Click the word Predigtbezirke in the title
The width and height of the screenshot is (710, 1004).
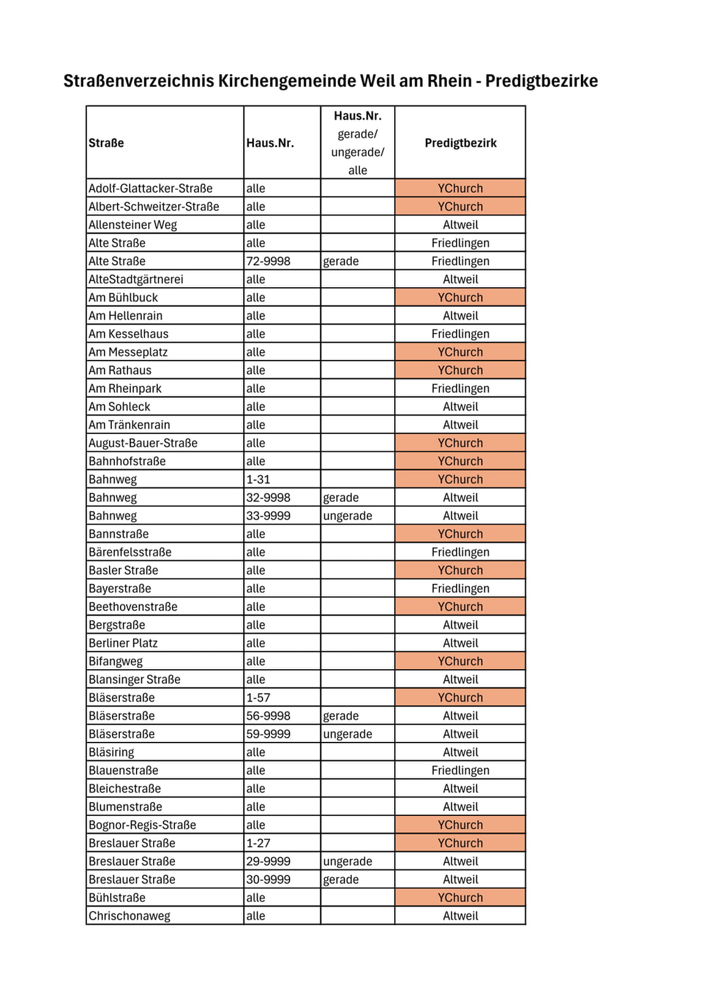pos(541,81)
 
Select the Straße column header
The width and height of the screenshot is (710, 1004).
pos(106,143)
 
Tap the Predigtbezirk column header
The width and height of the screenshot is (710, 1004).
pos(460,143)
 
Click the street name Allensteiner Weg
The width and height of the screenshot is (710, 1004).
pos(132,225)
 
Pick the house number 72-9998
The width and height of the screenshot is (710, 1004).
pos(268,261)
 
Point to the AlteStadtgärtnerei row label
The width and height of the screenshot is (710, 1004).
pos(136,280)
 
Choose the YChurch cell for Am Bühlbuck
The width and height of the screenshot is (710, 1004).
pos(460,298)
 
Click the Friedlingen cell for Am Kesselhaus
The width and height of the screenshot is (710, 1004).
pos(460,334)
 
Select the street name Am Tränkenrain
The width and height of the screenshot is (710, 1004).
pos(129,425)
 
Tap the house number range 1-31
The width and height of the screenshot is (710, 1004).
pos(258,479)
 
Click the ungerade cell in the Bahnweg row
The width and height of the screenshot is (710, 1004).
pos(347,516)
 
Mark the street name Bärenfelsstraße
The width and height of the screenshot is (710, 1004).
pos(130,552)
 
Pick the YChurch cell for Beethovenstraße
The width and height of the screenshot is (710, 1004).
pos(460,607)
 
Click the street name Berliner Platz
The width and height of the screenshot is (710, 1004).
pos(123,643)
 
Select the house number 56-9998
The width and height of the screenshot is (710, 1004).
pos(268,716)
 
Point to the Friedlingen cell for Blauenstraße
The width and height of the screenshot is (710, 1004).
pos(460,771)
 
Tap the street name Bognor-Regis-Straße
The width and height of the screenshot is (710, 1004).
pos(142,825)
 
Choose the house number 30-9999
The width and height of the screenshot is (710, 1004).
pos(268,880)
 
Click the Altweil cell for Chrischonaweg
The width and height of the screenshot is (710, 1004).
pos(460,916)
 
